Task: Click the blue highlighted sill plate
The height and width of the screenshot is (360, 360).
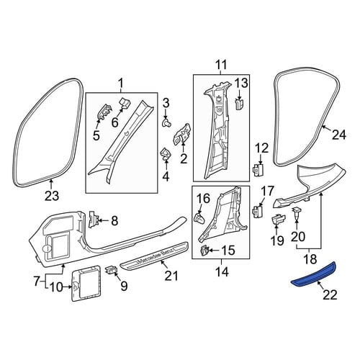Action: click(x=313, y=276)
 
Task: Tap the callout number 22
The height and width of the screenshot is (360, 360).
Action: click(x=330, y=295)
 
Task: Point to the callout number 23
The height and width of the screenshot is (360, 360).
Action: click(x=52, y=196)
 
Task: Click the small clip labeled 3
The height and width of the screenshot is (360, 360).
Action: click(x=166, y=123)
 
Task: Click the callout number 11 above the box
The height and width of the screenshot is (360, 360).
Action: click(x=221, y=65)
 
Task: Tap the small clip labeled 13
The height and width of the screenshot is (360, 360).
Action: click(x=238, y=104)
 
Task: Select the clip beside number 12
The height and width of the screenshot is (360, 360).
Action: click(x=258, y=170)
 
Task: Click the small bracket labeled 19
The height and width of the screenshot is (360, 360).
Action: click(x=278, y=219)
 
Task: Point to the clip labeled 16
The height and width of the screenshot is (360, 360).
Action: click(x=199, y=217)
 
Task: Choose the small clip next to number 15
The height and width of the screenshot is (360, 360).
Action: click(x=204, y=251)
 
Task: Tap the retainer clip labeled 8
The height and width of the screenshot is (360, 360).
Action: click(x=94, y=219)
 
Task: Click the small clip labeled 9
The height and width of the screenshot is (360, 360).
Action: click(x=111, y=270)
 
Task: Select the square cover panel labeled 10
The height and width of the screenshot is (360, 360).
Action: click(x=86, y=283)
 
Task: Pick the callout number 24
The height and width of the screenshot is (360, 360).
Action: click(x=339, y=135)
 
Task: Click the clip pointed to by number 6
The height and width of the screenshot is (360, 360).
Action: click(x=125, y=103)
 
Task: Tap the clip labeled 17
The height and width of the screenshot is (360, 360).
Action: click(x=258, y=210)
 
